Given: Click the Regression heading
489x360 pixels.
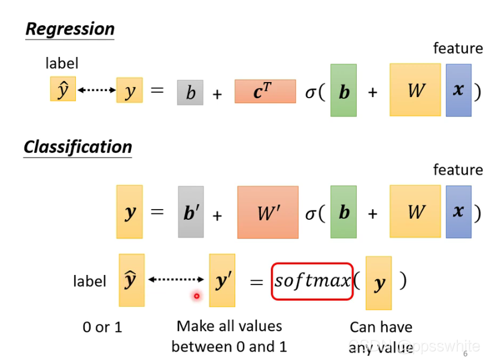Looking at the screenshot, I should click(x=70, y=29).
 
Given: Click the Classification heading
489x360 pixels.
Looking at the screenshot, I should click(x=78, y=147).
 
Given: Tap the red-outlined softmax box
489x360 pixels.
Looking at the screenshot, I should click(x=312, y=281).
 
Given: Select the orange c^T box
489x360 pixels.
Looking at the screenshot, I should click(x=265, y=91).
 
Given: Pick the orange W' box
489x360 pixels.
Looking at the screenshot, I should click(x=268, y=212).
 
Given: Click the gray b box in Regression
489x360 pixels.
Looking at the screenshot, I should click(x=190, y=92).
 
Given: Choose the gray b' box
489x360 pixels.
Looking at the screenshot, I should click(x=191, y=212).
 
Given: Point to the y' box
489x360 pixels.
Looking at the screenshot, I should click(x=222, y=280).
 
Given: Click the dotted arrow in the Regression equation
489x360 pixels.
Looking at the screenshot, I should click(x=96, y=90).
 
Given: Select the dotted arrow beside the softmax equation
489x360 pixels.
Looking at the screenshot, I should click(x=177, y=279).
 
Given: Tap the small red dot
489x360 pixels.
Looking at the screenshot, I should click(x=196, y=295).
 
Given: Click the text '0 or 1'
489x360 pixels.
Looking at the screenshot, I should click(x=102, y=327).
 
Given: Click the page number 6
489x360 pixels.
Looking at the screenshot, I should click(x=465, y=353).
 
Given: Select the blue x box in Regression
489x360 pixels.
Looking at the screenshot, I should click(x=458, y=90).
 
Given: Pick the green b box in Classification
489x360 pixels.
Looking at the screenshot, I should click(x=344, y=211).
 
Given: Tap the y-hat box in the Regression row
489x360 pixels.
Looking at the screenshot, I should click(x=63, y=90).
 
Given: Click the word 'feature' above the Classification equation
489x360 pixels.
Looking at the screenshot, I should click(x=458, y=170).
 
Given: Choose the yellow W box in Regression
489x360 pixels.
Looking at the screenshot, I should click(x=415, y=90).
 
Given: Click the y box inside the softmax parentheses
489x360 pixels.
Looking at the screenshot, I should click(x=379, y=283).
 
